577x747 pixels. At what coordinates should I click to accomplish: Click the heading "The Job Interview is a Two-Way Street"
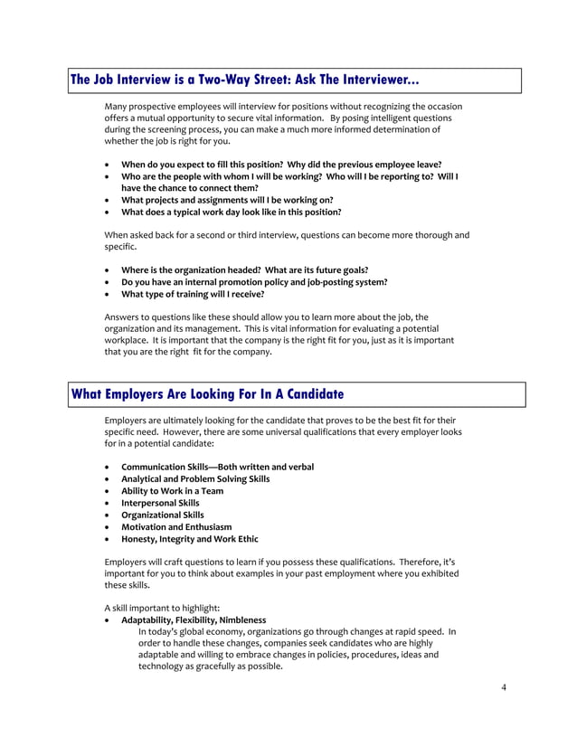pos(244,80)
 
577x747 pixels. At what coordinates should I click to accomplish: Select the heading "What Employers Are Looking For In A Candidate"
pos(207,394)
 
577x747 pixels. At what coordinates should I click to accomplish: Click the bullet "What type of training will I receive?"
pos(193,294)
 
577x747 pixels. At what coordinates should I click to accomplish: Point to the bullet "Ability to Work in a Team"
pos(172,491)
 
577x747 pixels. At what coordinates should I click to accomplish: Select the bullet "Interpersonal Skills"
pos(160,503)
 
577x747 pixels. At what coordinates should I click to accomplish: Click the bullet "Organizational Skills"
pos(163,515)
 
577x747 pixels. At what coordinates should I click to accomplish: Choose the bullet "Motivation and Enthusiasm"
pos(176,526)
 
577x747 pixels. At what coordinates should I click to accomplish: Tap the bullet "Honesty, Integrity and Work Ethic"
pos(189,538)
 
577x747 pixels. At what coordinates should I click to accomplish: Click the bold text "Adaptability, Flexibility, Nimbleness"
pos(194,620)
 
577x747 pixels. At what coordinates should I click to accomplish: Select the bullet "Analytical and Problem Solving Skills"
pos(195,479)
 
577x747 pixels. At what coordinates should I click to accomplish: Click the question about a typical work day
pos(231,213)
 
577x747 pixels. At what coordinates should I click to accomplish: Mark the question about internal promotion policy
pos(254,282)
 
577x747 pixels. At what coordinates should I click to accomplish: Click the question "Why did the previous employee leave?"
pos(367,165)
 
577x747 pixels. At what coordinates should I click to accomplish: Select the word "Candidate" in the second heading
pos(307,394)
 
